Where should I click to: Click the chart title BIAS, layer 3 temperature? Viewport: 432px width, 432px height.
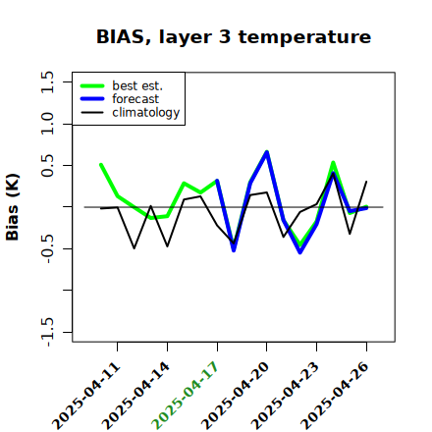pos(234,37)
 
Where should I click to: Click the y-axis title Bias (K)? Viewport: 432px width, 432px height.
pos(13,207)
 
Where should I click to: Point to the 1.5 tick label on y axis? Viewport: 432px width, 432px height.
pos(47,81)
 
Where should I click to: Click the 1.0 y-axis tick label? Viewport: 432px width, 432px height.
pos(47,124)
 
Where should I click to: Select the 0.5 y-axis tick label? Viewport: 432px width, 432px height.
pos(47,165)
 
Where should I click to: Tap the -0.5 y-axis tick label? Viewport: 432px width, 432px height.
pos(47,249)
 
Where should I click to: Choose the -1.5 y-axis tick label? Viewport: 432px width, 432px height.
pos(47,332)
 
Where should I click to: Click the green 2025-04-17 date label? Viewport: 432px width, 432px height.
pos(185,396)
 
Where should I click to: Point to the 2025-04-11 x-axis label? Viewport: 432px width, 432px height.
pos(86,396)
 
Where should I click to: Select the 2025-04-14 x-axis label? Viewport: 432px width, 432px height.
pos(135,396)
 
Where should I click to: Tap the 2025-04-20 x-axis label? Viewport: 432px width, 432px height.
pos(236,396)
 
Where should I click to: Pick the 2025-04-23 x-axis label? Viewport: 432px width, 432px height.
pos(285,396)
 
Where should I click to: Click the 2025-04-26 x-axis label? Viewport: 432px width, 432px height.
pos(335,396)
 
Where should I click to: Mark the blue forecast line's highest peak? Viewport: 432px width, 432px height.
pos(267,152)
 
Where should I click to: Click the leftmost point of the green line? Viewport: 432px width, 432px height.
pos(101,165)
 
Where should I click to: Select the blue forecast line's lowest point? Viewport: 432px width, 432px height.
pos(300,252)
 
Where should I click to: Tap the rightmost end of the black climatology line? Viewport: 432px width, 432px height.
pos(366,182)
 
